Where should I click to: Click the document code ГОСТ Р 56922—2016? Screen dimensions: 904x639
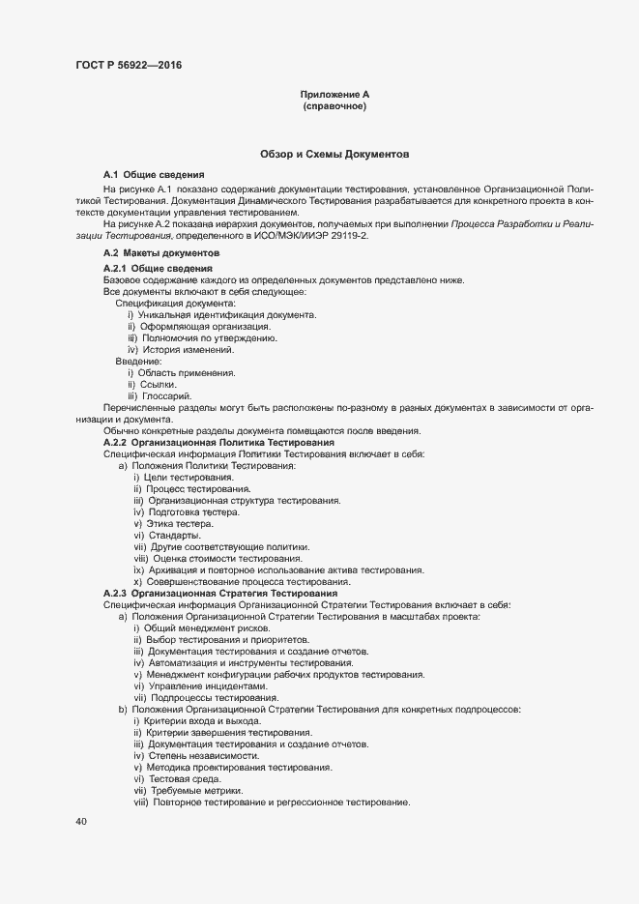128,66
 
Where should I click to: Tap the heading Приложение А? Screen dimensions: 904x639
334,95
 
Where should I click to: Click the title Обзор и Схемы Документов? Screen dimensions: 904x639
334,154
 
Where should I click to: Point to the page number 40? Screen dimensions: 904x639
80,822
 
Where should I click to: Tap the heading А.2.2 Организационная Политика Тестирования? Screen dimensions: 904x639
218,442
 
